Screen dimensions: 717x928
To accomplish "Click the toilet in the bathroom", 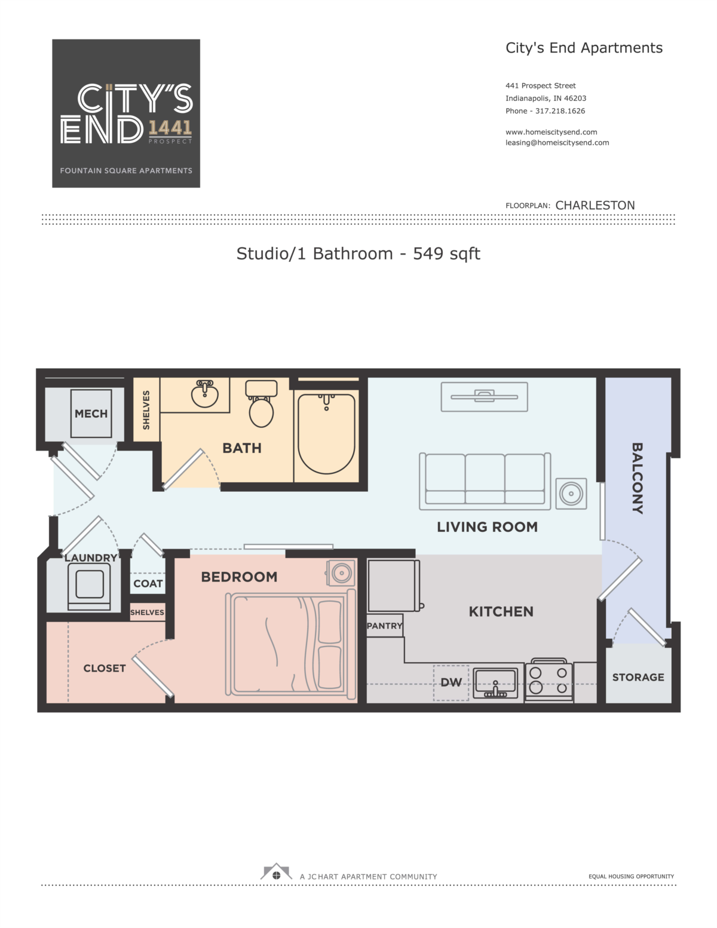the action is click(x=261, y=403).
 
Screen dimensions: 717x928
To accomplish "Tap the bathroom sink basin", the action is click(x=204, y=394).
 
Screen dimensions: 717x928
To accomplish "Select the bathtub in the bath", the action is click(x=326, y=433).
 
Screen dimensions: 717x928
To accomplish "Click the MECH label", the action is click(x=91, y=414).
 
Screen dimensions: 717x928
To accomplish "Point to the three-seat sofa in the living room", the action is click(x=485, y=481).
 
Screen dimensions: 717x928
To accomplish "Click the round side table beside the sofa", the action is click(x=571, y=494).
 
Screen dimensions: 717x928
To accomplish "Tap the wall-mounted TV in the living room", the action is click(x=484, y=397).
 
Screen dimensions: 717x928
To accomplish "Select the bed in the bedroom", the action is click(x=291, y=644).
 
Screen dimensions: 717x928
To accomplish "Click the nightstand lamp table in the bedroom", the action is click(x=341, y=572).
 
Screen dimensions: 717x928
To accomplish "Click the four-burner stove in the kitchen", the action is click(x=549, y=679).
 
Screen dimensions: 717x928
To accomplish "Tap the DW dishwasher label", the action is click(x=451, y=682).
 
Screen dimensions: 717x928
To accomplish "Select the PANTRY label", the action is click(x=384, y=626).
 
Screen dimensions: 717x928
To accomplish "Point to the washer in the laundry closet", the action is click(x=89, y=586).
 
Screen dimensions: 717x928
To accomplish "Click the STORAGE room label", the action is click(x=638, y=677).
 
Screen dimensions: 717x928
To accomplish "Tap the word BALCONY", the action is click(x=637, y=478).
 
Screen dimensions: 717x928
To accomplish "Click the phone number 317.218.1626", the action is click(x=560, y=111).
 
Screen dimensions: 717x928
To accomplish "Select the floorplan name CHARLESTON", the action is click(x=595, y=206).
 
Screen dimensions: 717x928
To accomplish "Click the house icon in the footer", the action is click(x=276, y=872).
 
